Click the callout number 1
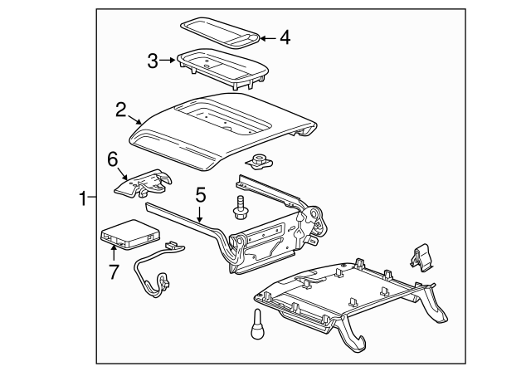coord(82,198)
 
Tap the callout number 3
coord(153,60)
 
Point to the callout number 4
coord(285,37)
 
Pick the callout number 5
coord(199,196)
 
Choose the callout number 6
coord(113,159)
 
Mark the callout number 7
coord(113,270)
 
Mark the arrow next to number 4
coord(263,37)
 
